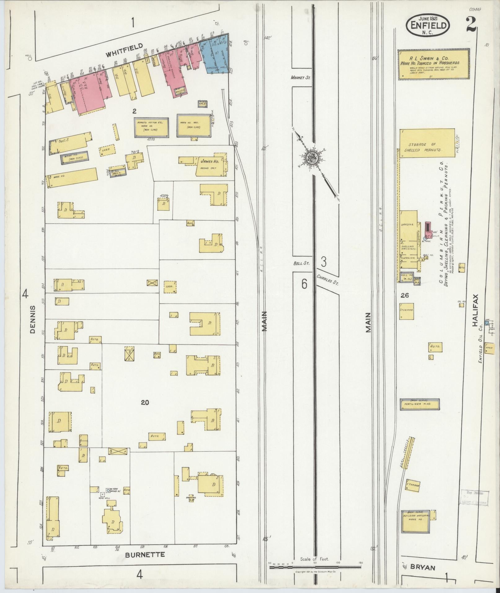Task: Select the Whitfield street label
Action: coord(124,51)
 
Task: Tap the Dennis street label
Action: coord(33,319)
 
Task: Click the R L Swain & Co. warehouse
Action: coord(433,64)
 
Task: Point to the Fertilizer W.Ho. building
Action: coord(419,405)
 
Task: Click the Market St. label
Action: coord(300,78)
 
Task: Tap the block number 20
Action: coord(145,403)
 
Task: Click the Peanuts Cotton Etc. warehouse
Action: coord(152,127)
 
